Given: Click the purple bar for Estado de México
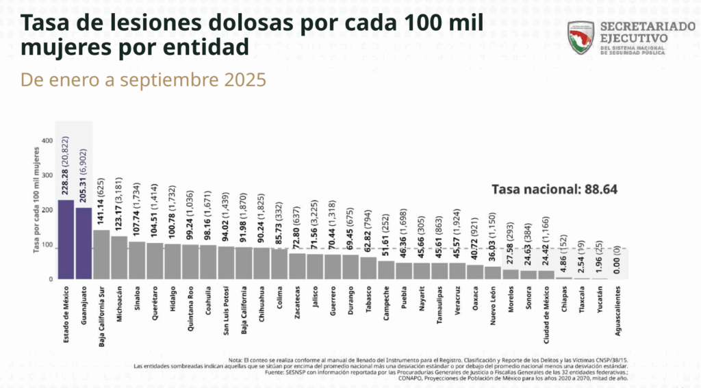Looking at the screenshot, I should pyautogui.click(x=66, y=240).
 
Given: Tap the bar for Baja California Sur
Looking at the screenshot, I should pyautogui.click(x=101, y=255).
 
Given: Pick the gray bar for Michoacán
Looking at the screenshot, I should pyautogui.click(x=119, y=258).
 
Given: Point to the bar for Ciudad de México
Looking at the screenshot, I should pyautogui.click(x=546, y=275).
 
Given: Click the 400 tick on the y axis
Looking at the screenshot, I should pyautogui.click(x=47, y=140).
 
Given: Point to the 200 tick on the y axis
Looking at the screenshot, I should pyautogui.click(x=47, y=210).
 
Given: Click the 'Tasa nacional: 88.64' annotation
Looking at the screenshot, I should pyautogui.click(x=555, y=189).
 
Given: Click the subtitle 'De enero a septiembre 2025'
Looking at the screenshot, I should pyautogui.click(x=143, y=79).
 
